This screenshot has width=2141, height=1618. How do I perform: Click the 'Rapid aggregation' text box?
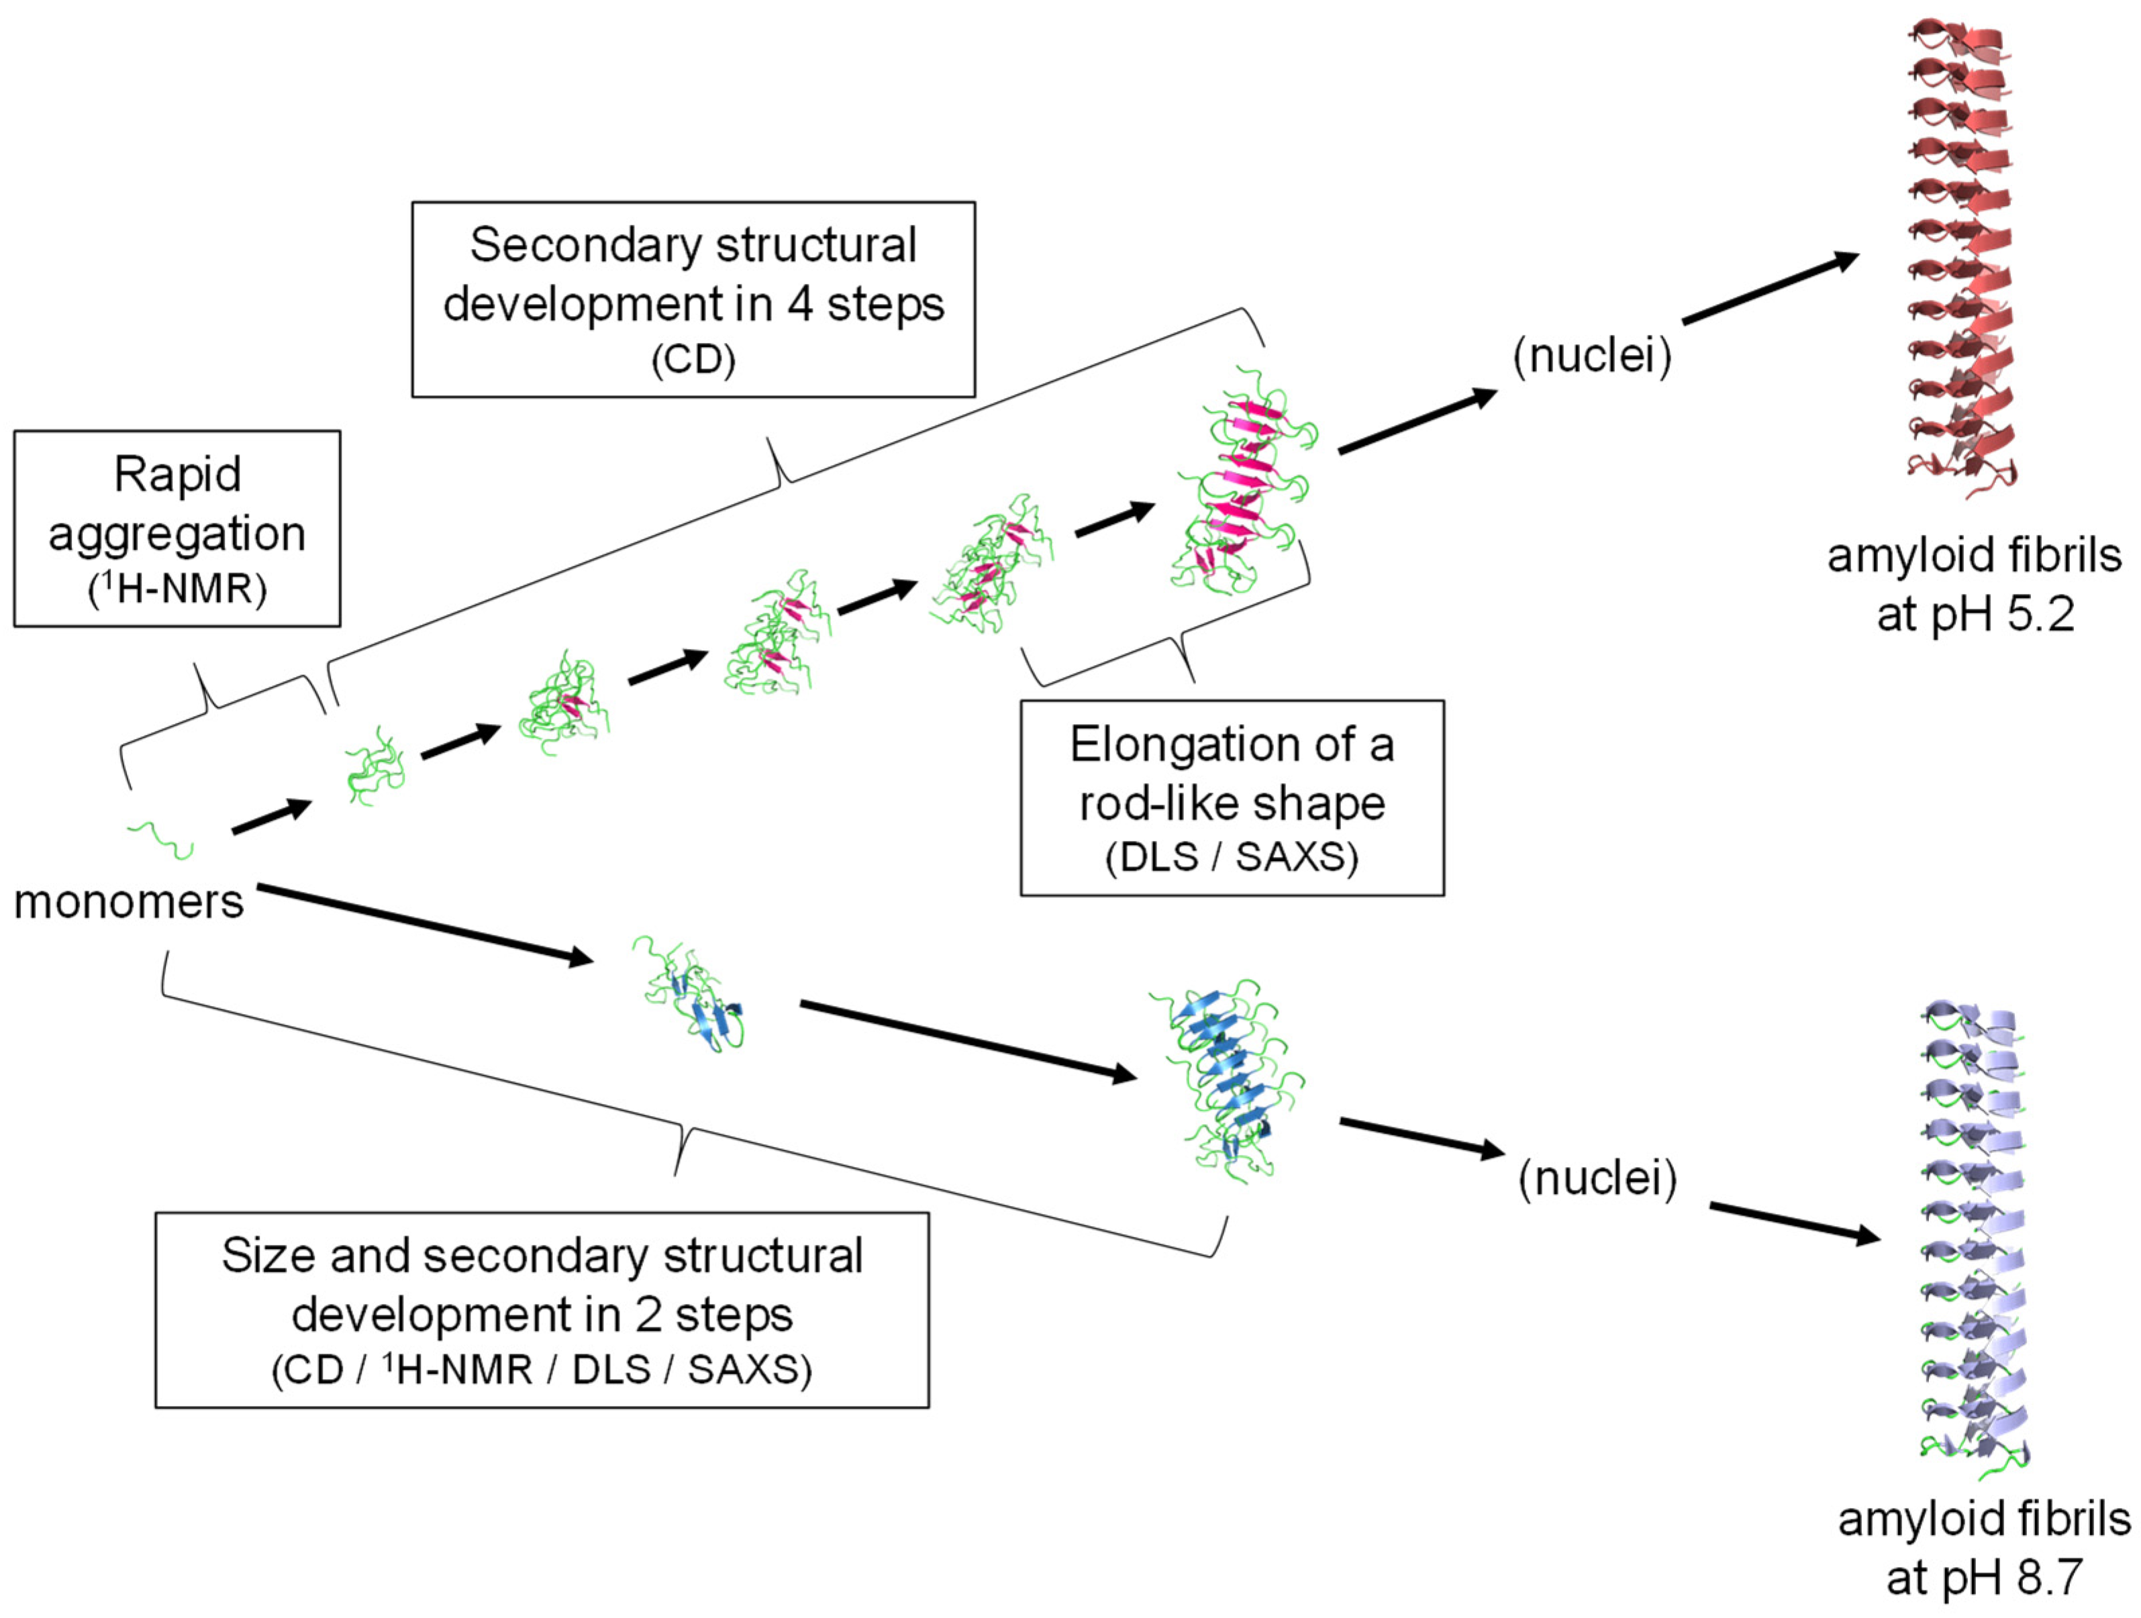click(x=177, y=528)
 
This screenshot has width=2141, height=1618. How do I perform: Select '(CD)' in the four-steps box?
click(x=693, y=360)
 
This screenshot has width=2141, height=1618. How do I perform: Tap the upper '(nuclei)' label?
click(x=1591, y=356)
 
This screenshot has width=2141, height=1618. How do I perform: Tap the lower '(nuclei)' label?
click(x=1597, y=1178)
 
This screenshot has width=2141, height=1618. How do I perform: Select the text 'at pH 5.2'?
click(x=1975, y=615)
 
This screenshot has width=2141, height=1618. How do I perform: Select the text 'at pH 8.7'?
click(x=1984, y=1577)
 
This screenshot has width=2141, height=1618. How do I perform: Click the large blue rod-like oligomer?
click(x=1228, y=1079)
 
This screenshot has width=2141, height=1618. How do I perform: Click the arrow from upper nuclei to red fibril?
click(x=1769, y=289)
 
